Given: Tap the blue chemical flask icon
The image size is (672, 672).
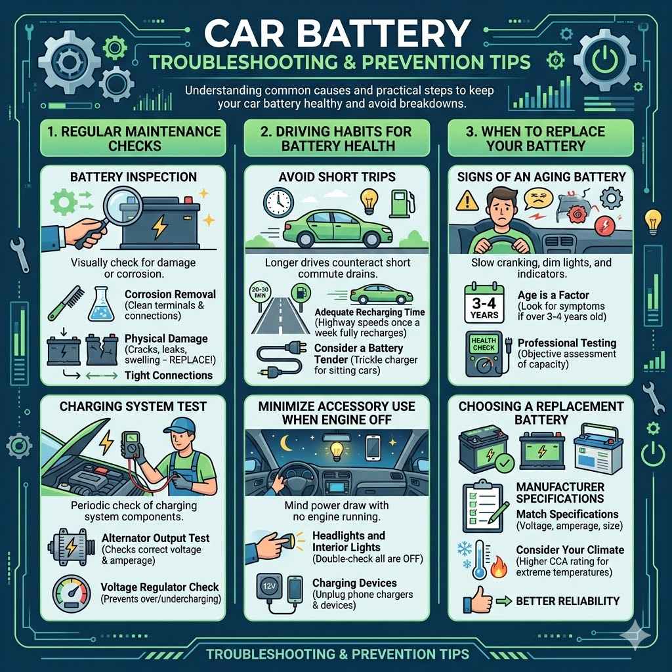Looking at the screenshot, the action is tap(101, 304).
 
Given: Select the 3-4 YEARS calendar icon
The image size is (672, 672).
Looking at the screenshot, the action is tap(484, 302).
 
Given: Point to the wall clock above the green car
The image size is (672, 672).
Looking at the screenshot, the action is tap(278, 201).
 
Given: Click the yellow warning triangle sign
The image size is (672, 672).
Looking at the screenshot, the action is tap(467, 200).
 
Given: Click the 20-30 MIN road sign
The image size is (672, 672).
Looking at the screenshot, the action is tap(260, 293).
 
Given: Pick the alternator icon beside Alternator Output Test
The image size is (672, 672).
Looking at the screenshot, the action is tap(71, 547).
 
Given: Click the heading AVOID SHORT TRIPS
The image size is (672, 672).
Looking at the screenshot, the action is tap(337, 177).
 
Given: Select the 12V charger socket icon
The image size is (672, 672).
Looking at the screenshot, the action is tap(269, 587).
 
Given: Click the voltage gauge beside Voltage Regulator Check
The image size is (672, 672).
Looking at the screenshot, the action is tap(72, 594).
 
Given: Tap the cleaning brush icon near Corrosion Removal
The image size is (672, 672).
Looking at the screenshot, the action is tap(66, 303).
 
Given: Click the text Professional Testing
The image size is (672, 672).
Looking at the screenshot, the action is tap(566, 343).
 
